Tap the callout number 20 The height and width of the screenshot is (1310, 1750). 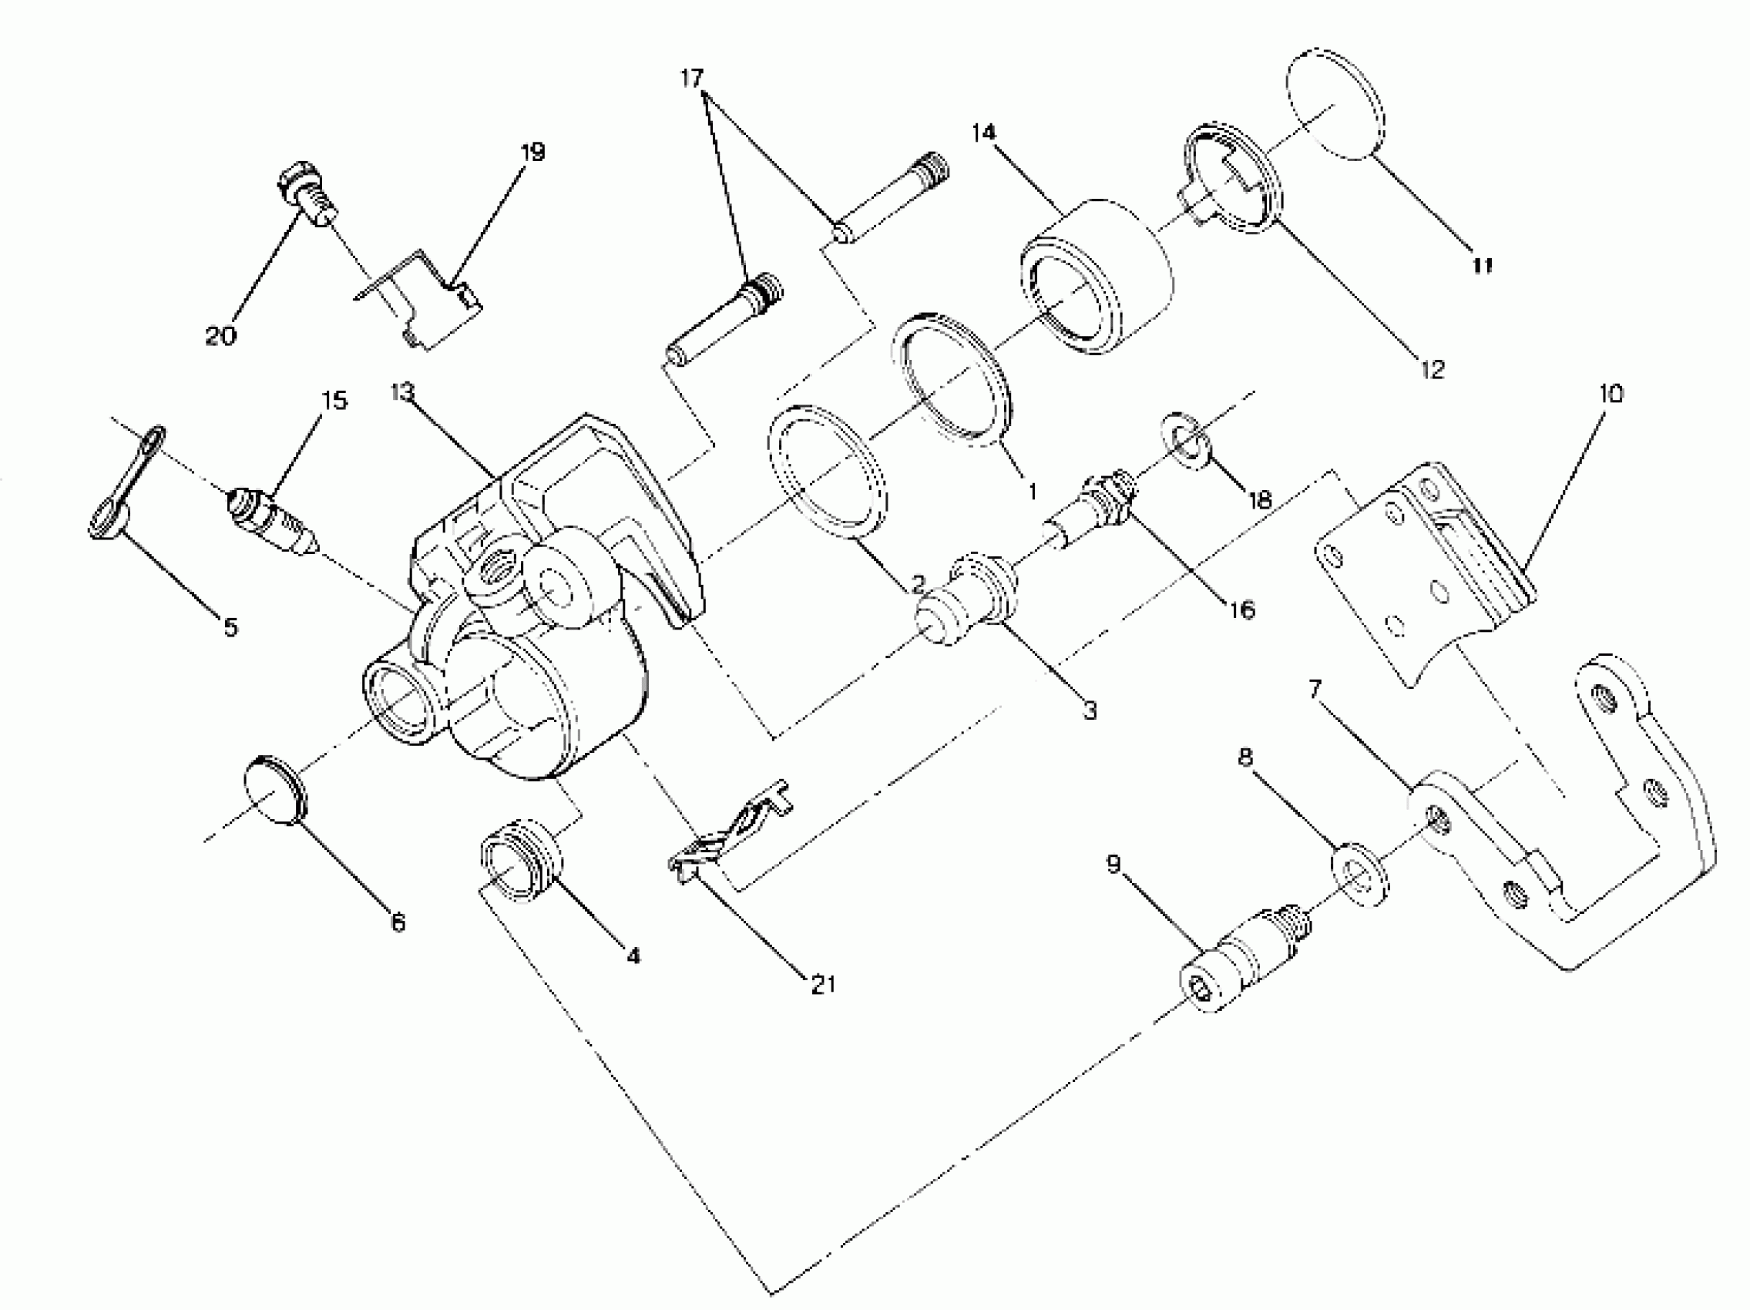(220, 335)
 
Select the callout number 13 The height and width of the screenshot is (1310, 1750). (403, 391)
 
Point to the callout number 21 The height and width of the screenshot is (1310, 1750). (823, 984)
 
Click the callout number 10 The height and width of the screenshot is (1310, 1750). (1611, 393)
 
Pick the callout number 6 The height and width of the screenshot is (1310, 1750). (398, 922)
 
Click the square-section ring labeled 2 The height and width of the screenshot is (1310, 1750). (828, 472)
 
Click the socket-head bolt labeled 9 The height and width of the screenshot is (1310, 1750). (1242, 960)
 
